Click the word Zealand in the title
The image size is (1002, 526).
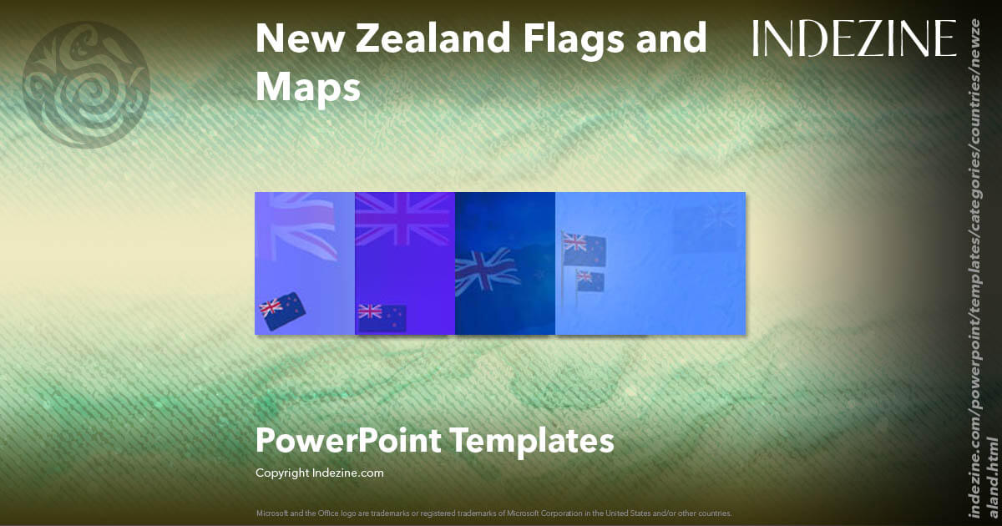pyautogui.click(x=412, y=38)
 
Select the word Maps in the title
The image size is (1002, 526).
pyautogui.click(x=307, y=87)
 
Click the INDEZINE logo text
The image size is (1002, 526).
pyautogui.click(x=853, y=39)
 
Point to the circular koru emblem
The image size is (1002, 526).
pyautogui.click(x=86, y=86)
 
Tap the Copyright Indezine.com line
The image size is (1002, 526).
pyautogui.click(x=320, y=473)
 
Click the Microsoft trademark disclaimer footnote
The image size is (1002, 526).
pyautogui.click(x=493, y=513)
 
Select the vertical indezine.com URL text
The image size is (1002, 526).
pyautogui.click(x=982, y=267)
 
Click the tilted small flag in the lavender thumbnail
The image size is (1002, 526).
pyautogui.click(x=282, y=310)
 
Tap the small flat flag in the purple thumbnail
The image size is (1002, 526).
pyautogui.click(x=382, y=316)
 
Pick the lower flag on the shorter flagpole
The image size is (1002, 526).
pyautogui.click(x=590, y=281)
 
